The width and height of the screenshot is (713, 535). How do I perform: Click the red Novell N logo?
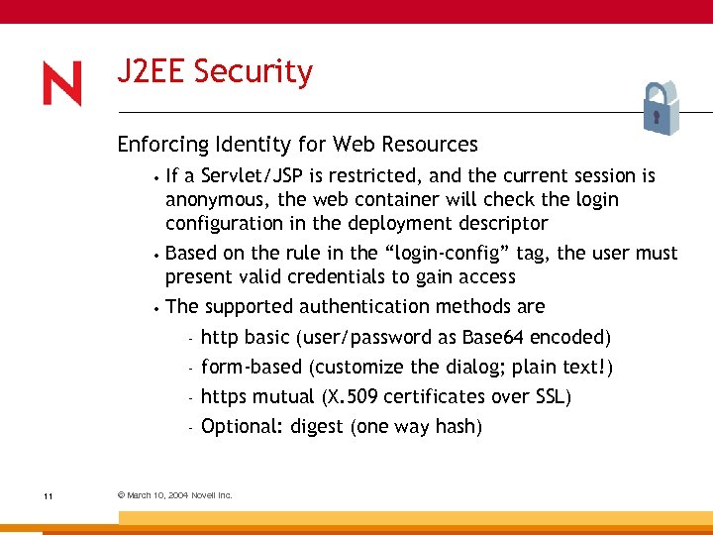click(62, 83)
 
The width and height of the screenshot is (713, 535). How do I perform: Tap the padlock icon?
click(656, 108)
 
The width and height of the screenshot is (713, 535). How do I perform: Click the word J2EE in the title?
click(152, 72)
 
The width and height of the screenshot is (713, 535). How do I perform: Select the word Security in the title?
click(254, 72)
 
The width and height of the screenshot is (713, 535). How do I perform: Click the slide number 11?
click(48, 495)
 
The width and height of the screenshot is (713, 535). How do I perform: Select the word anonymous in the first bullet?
click(210, 200)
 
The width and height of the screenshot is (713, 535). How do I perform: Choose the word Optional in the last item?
click(239, 427)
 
